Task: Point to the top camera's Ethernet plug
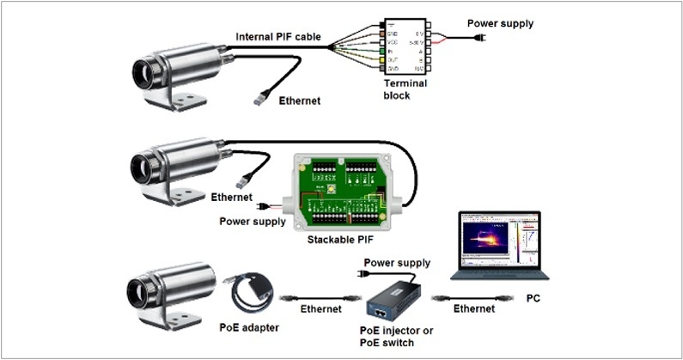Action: coord(259,99)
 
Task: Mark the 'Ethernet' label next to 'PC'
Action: coord(473,308)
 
